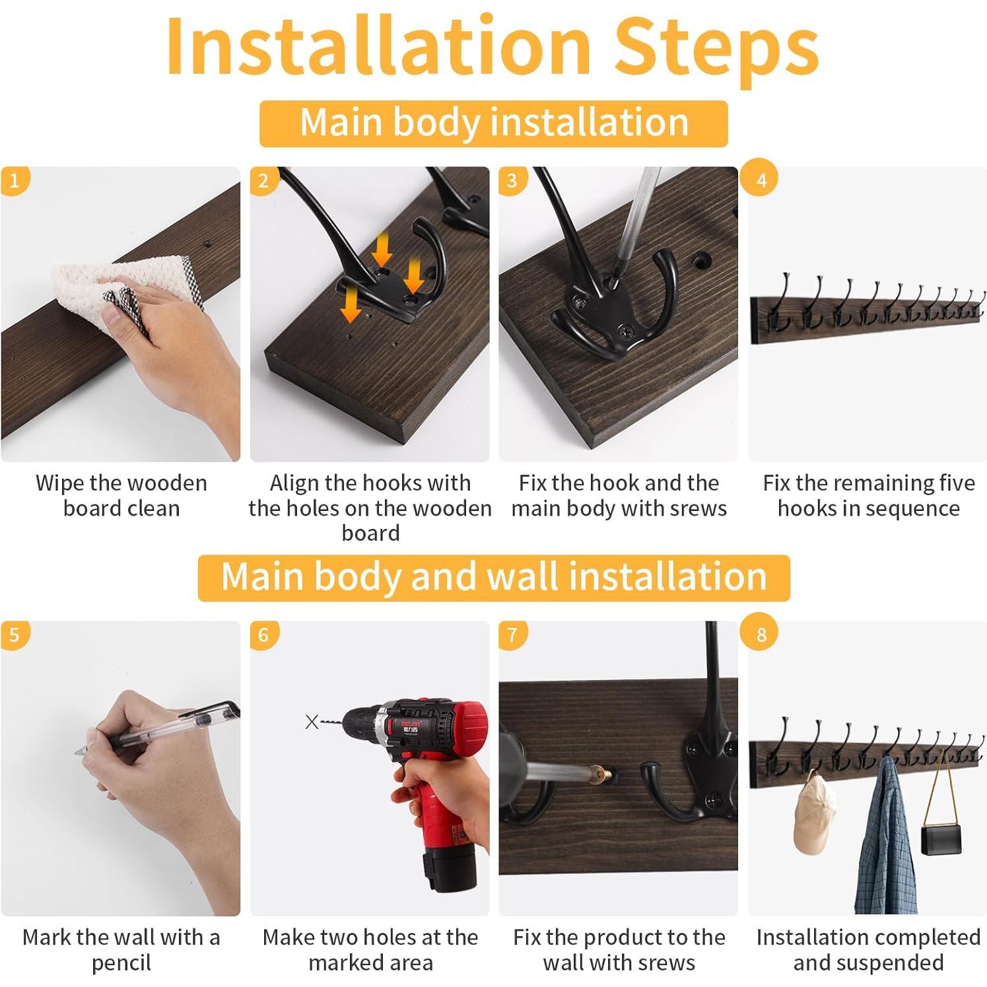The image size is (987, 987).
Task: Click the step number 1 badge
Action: [15, 180]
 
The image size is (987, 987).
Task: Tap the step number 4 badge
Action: [761, 180]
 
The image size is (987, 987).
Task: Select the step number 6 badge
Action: [263, 635]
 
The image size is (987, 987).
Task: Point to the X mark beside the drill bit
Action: [312, 722]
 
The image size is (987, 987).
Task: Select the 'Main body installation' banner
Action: [494, 123]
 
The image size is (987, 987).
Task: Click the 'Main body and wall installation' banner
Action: [494, 577]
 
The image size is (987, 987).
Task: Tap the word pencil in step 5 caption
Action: [121, 963]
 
